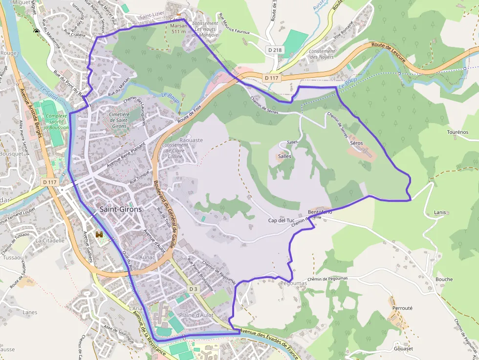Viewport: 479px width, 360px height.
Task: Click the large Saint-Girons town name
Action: tap(121, 209)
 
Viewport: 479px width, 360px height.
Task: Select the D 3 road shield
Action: tap(194, 289)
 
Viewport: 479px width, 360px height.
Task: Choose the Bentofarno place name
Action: tap(320, 212)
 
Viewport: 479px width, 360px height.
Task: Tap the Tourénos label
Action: tap(458, 132)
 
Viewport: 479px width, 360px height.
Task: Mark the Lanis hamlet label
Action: tap(440, 212)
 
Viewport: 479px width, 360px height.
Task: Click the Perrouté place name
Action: tap(402, 308)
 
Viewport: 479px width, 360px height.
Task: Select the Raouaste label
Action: tap(191, 140)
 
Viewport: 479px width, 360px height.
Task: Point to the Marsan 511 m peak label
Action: tap(179, 29)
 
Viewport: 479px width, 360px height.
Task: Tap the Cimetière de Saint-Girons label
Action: tap(119, 120)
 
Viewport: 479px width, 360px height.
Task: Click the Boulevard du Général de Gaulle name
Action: tap(164, 215)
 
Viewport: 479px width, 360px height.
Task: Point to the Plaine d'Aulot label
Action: tap(196, 315)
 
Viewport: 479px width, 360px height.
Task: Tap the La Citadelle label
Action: tap(50, 240)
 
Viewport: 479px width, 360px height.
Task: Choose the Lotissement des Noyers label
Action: tap(322, 54)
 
